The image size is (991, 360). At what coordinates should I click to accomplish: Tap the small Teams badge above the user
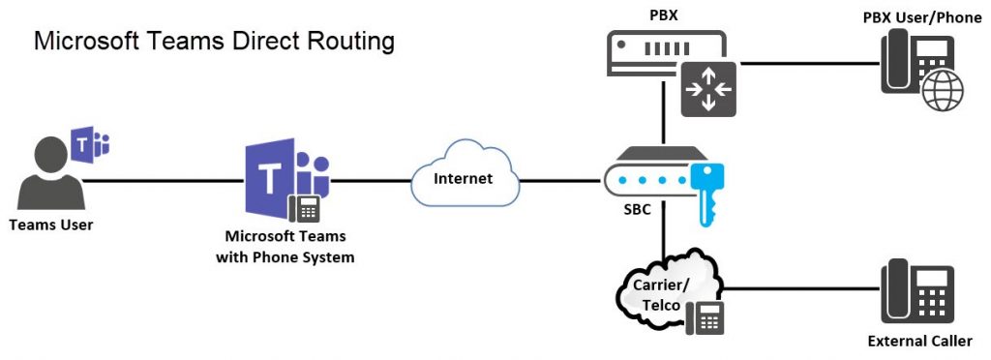pos(93,142)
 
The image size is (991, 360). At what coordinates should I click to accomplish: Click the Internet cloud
pos(463,179)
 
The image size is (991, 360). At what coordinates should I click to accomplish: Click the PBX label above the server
pos(666,16)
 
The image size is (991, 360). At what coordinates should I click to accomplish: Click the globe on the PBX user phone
pos(943,94)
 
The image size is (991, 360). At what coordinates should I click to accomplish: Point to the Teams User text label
pos(51,225)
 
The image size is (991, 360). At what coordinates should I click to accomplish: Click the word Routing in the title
pos(347,42)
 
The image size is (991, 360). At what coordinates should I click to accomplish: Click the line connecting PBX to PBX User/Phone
pos(808,64)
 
